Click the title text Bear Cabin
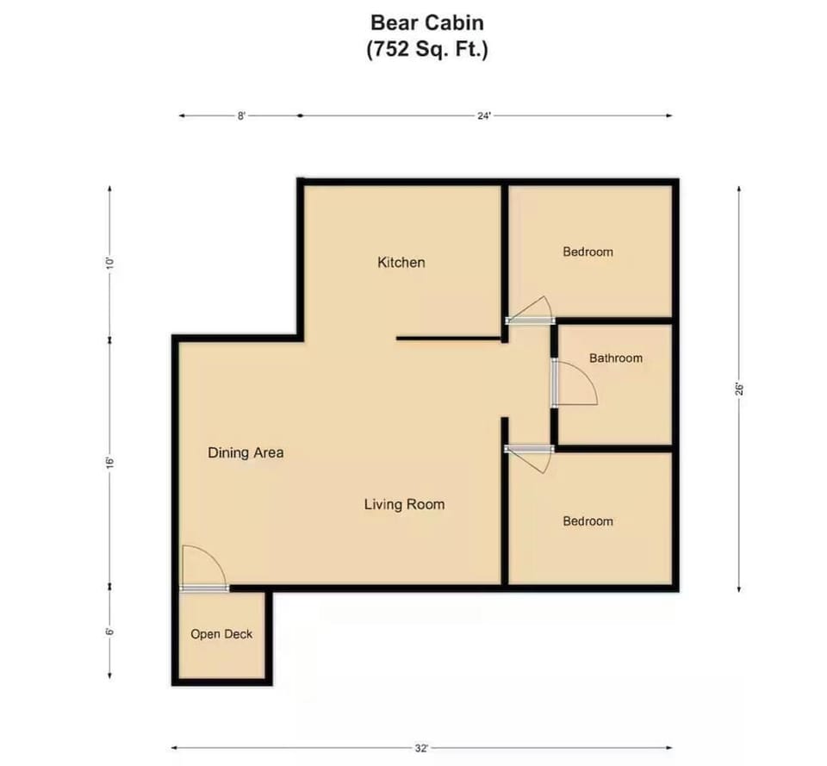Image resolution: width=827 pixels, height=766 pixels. (x=427, y=22)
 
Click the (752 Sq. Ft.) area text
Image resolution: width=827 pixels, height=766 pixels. (x=427, y=50)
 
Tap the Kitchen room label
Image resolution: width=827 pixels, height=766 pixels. (x=401, y=262)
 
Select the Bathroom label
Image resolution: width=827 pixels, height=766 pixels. (x=615, y=358)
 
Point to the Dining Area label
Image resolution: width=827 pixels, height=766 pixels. (x=246, y=452)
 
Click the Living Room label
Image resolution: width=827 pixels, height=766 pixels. (x=404, y=504)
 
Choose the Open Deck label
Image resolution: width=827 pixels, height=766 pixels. (x=221, y=634)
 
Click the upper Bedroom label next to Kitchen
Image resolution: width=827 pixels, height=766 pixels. (x=588, y=252)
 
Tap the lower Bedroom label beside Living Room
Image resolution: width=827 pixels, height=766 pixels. (x=588, y=521)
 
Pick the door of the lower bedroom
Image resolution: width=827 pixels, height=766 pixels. (x=531, y=458)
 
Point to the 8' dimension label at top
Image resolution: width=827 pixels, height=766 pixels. (x=242, y=115)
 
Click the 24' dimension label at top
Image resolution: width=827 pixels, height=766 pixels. (x=485, y=115)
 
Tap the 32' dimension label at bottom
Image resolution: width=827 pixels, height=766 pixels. (x=423, y=748)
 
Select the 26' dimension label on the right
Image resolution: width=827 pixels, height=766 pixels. (x=739, y=388)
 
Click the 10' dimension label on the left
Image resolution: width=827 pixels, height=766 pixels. (x=109, y=262)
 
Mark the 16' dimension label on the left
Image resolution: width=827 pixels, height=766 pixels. (x=109, y=463)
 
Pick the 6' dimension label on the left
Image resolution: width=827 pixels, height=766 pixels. (x=109, y=631)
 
